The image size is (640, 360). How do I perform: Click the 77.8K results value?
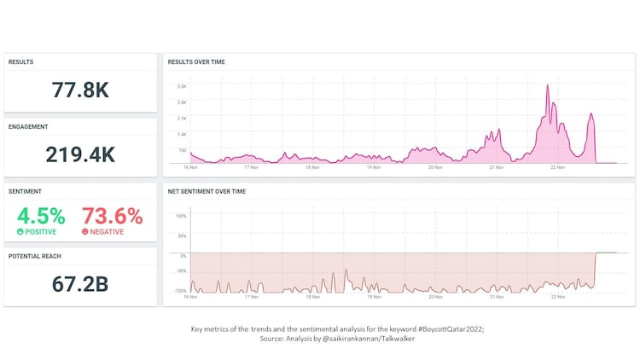pyautogui.click(x=80, y=90)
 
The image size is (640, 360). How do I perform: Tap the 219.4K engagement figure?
pyautogui.click(x=80, y=154)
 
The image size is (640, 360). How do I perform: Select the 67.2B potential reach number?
pyautogui.click(x=80, y=284)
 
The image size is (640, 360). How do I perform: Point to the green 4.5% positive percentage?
pyautogui.click(x=41, y=216)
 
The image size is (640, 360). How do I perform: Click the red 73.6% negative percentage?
pyautogui.click(x=112, y=216)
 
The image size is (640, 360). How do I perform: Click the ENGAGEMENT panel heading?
pyautogui.click(x=28, y=127)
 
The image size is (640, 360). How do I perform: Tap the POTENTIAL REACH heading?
pyautogui.click(x=34, y=256)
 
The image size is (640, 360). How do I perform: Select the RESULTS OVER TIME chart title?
pyautogui.click(x=196, y=62)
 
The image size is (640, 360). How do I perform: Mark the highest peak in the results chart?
pyautogui.click(x=548, y=84)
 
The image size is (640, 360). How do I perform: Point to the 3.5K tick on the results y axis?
pyautogui.click(x=182, y=86)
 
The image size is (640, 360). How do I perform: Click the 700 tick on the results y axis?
pyautogui.click(x=182, y=149)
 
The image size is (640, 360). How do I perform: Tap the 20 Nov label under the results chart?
pyautogui.click(x=435, y=167)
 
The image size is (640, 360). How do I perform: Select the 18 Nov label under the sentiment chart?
pyautogui.click(x=313, y=297)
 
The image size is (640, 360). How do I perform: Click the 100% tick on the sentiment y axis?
pyautogui.click(x=181, y=216)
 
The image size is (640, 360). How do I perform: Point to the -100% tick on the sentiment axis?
pyautogui.click(x=180, y=291)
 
